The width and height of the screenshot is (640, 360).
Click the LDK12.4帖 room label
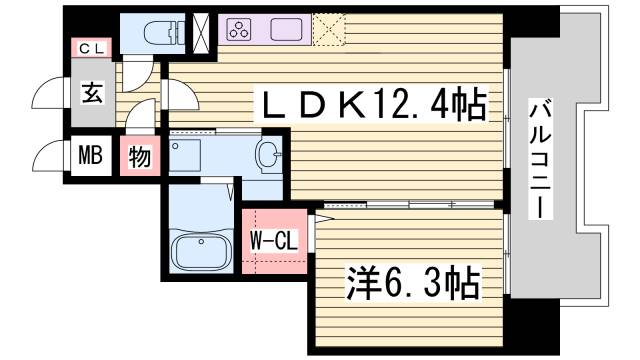(x=374, y=102)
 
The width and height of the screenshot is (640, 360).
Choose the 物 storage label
(x=139, y=157)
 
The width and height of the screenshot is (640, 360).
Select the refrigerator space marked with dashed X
(x=327, y=29)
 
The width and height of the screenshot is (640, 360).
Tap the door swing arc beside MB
(x=48, y=157)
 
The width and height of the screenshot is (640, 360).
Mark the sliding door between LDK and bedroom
(x=410, y=205)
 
